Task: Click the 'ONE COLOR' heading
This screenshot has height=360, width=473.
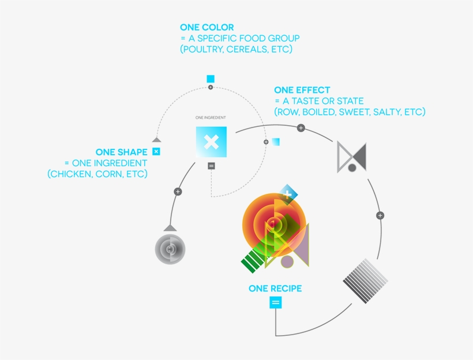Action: [x=207, y=28]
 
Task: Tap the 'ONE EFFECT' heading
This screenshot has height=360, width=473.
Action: [x=302, y=90]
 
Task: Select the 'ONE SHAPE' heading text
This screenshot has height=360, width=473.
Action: [x=122, y=152]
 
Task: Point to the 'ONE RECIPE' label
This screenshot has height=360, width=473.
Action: [x=275, y=288]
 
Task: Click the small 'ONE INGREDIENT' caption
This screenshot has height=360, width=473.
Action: [x=211, y=118]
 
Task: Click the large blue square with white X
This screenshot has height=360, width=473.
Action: [x=211, y=142]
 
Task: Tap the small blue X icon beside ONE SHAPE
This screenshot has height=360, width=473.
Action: [x=156, y=152]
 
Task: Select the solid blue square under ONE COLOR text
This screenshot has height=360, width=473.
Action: [x=211, y=79]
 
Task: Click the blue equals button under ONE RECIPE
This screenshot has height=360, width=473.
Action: [x=275, y=302]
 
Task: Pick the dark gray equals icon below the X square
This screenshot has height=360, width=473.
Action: [x=212, y=166]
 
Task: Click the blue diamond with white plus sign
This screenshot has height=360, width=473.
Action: [x=287, y=194]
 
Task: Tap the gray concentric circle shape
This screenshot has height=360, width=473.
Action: [x=170, y=249]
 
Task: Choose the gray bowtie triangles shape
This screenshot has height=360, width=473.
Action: [x=352, y=157]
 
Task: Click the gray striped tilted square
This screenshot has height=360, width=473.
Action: [x=365, y=281]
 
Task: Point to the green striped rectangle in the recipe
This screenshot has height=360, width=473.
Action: [x=253, y=261]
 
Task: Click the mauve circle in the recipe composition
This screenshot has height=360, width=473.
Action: [x=287, y=262]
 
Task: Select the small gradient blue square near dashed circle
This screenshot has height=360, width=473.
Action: [x=276, y=142]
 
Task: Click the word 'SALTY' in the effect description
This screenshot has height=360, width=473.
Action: [x=386, y=112]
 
